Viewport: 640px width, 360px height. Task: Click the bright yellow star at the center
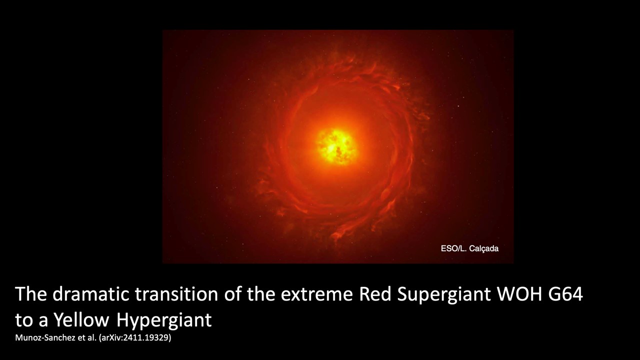tap(336, 146)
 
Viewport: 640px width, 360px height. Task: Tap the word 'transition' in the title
tap(176, 294)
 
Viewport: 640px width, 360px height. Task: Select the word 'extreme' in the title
tap(316, 295)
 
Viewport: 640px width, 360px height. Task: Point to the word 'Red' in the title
tap(375, 294)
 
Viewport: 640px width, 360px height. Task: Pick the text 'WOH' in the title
tap(519, 294)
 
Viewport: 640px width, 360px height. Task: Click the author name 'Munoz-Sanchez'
tap(45, 337)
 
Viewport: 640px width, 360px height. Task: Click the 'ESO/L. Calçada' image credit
tap(469, 248)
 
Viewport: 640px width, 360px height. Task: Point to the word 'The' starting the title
tap(31, 294)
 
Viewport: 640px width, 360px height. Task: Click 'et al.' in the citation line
tap(87, 337)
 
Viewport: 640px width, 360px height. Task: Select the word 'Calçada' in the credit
tap(483, 249)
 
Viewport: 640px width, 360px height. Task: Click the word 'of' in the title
tap(232, 294)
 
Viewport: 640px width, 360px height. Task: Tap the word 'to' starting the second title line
tap(23, 320)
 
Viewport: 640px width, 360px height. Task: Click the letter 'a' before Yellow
tap(43, 321)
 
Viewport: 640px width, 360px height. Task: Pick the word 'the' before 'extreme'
tap(261, 294)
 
